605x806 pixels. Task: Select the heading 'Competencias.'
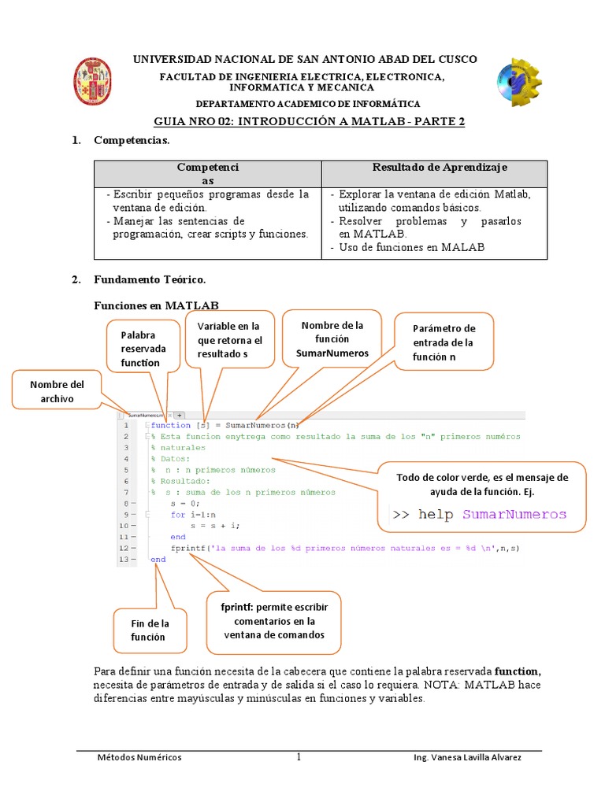(x=132, y=140)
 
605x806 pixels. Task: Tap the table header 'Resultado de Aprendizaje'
(x=439, y=168)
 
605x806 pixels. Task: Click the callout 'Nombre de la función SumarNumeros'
(x=332, y=339)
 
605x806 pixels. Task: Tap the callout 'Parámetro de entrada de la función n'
(x=444, y=342)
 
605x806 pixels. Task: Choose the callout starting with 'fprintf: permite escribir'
(x=273, y=622)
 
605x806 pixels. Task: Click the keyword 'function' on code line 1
(x=170, y=425)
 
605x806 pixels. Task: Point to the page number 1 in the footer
(x=299, y=757)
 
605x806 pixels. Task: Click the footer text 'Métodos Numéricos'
(x=139, y=757)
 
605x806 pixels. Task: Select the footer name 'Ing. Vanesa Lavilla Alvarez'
(x=466, y=757)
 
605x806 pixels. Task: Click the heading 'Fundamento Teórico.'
(x=150, y=279)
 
